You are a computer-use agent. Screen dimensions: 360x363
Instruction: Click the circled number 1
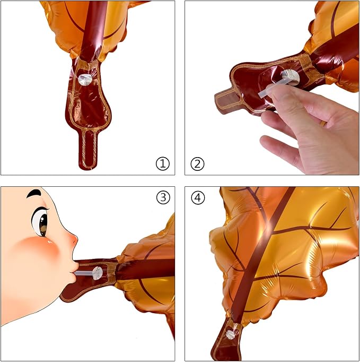[163, 164]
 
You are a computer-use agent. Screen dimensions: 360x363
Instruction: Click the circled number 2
[197, 164]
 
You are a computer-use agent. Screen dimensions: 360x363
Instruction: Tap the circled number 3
[163, 197]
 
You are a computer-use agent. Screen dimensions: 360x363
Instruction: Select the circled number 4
[198, 197]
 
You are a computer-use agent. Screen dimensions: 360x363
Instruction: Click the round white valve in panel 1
[85, 80]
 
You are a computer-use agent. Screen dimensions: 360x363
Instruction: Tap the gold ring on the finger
[323, 124]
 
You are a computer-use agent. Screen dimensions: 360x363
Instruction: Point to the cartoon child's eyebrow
[34, 193]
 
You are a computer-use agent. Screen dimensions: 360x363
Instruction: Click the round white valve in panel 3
[97, 273]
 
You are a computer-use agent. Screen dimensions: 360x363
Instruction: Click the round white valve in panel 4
[231, 334]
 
